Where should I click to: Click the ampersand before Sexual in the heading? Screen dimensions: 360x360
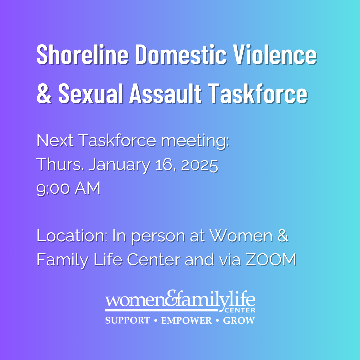pos(44,94)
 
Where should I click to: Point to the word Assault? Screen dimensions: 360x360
pos(166,94)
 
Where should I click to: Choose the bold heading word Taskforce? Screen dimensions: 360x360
pos(258,94)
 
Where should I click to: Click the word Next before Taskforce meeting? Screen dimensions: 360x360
pos(55,141)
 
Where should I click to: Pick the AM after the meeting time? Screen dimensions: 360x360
pos(88,188)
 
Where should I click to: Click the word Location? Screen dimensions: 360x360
pos(72,236)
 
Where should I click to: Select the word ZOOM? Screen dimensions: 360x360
pos(271,260)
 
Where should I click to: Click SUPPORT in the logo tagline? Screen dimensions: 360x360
pos(127,320)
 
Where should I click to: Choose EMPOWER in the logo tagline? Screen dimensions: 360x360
pos(186,320)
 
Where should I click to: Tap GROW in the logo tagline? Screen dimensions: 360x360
pos(239,320)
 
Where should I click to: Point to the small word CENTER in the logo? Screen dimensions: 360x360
pos(240,310)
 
